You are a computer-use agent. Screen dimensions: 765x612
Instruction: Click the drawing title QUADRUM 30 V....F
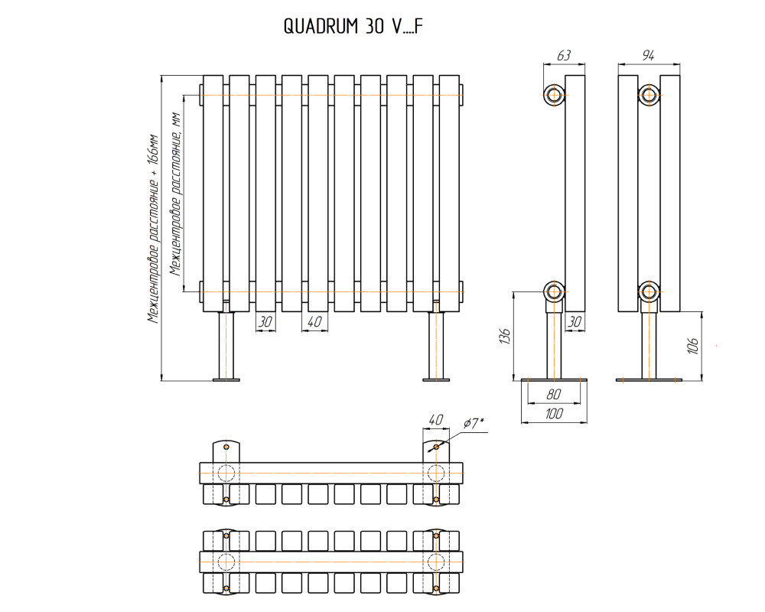coord(353,26)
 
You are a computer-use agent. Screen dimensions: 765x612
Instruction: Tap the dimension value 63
coord(564,56)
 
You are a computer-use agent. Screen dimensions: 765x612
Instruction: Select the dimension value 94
coord(648,56)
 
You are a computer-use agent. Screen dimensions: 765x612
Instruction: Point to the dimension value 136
coord(505,336)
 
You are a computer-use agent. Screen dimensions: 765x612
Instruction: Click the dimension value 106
coord(692,346)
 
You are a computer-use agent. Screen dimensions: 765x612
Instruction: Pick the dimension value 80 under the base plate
coord(554,394)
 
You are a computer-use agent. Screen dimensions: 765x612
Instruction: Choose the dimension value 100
coord(554,414)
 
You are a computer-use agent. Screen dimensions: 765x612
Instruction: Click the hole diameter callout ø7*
coord(474,422)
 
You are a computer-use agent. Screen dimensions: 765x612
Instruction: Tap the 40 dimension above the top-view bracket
coord(435,419)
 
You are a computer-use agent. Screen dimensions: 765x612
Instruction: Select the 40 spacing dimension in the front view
coord(314,321)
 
